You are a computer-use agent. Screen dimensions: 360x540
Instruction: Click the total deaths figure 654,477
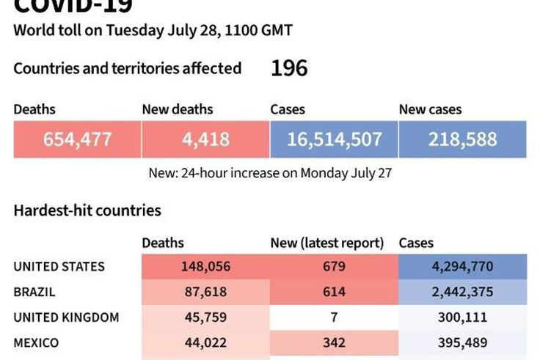(77, 139)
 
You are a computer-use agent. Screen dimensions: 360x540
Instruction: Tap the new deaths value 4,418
(205, 139)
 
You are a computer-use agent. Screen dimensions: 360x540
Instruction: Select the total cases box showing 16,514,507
(334, 139)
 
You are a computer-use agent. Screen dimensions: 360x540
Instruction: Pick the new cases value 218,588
(462, 139)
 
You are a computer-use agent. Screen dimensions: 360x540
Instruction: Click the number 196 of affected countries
(289, 69)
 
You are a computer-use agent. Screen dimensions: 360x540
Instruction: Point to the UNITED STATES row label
(59, 267)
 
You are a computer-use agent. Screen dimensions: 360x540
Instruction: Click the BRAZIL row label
(35, 292)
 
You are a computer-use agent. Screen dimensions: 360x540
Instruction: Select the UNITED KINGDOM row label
(66, 317)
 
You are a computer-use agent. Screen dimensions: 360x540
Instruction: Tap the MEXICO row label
(36, 342)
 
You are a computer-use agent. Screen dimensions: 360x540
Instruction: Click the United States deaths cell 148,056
(205, 267)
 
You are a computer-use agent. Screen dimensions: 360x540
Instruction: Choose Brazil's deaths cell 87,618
(205, 292)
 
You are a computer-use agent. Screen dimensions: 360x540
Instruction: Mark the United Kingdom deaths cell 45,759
(205, 317)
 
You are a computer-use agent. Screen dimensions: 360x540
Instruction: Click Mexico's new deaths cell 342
(334, 342)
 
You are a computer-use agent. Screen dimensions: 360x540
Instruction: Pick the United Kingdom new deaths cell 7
(334, 317)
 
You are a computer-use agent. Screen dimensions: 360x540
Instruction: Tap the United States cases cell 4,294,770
(462, 267)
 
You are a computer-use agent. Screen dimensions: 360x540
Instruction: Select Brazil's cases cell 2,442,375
(462, 292)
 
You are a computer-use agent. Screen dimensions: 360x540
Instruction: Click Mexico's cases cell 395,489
(462, 342)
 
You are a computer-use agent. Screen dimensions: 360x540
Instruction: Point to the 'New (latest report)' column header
(327, 243)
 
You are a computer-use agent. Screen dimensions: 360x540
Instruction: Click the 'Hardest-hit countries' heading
(87, 210)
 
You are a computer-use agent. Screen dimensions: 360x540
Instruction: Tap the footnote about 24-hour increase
(270, 174)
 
